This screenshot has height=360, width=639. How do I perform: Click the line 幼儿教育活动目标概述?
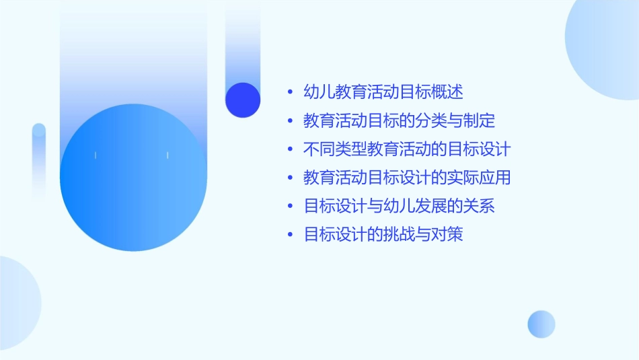383,92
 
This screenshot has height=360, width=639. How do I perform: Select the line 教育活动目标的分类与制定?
399,121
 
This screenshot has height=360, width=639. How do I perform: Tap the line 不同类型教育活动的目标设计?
407,149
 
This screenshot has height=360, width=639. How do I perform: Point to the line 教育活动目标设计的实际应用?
407,178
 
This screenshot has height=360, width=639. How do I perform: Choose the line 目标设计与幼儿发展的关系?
399,207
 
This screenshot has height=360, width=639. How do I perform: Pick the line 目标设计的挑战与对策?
383,235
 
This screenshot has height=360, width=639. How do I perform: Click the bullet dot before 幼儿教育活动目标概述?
290,93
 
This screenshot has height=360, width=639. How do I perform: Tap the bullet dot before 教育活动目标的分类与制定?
290,122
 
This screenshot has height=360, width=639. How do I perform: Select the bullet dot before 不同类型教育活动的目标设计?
290,150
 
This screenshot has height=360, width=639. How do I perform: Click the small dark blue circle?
243,100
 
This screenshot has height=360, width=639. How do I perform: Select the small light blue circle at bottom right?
541,324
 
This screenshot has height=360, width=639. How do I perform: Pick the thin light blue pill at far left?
39,161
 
